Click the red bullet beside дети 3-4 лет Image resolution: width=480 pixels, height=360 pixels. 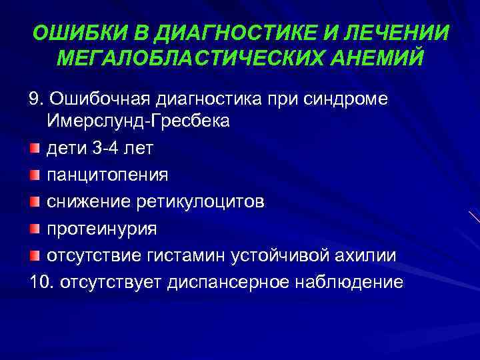pos(35,148)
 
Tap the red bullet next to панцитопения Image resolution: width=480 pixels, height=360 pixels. pos(35,175)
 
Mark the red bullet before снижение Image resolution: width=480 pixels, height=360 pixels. pos(35,201)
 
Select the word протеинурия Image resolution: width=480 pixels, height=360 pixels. pos(101,229)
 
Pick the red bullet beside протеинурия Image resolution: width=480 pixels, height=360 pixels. pos(35,229)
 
